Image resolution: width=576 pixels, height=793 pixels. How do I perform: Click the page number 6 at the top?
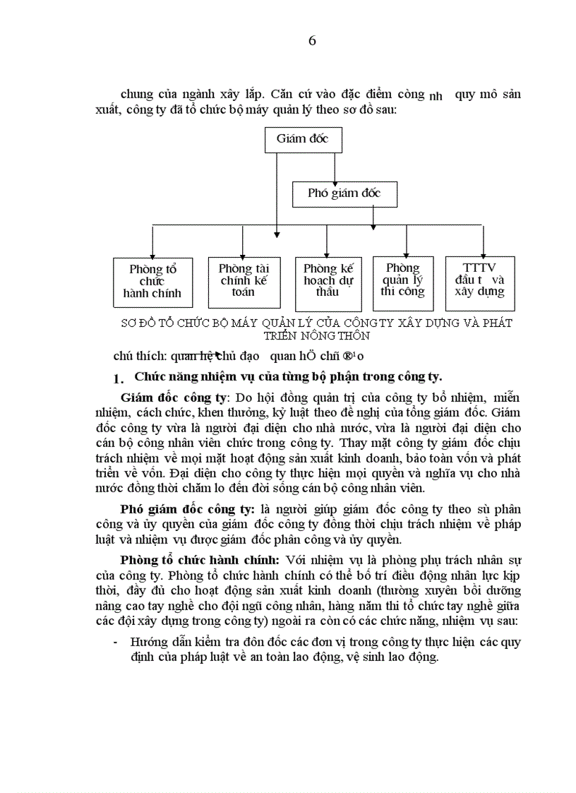(312, 41)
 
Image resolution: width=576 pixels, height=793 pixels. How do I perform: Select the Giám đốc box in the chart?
(303, 138)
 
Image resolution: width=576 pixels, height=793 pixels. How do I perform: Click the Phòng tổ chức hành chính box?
(152, 282)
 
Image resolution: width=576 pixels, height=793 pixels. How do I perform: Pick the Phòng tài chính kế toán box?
(244, 280)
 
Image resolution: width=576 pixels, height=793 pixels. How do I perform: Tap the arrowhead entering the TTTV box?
(483, 254)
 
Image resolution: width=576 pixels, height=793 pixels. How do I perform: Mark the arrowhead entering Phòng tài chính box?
(243, 254)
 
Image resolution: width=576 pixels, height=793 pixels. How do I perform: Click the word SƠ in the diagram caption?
(128, 323)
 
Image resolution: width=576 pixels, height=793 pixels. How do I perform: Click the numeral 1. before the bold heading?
(119, 378)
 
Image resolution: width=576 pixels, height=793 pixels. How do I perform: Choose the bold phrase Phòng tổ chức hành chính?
(200, 560)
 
